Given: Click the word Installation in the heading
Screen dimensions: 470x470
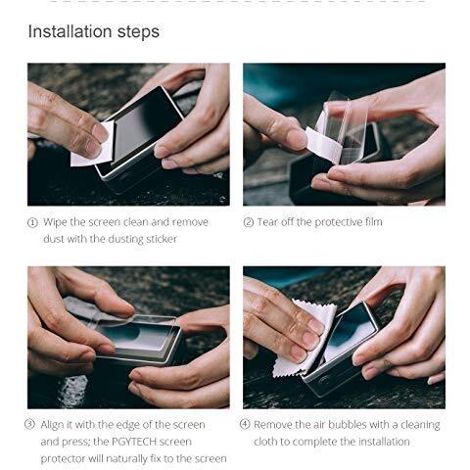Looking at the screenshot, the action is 70,31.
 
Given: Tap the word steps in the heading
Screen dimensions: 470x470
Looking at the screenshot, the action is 138,32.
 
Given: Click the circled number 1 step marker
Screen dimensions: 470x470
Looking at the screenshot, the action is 32,223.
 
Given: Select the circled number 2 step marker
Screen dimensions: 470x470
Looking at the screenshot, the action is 249,222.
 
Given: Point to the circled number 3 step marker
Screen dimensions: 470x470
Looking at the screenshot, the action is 29,424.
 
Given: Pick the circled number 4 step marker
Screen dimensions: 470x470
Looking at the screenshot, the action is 245,424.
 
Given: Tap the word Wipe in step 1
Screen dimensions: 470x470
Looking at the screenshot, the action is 55,222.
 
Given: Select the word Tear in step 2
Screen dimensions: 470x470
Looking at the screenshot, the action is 267,222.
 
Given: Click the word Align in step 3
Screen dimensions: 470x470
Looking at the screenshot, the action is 52,425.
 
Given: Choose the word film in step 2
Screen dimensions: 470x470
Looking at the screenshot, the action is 374,222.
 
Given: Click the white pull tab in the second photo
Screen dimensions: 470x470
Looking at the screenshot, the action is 323,144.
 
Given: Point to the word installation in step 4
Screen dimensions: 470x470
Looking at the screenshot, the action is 384,442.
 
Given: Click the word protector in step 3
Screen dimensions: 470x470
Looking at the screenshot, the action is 63,459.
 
